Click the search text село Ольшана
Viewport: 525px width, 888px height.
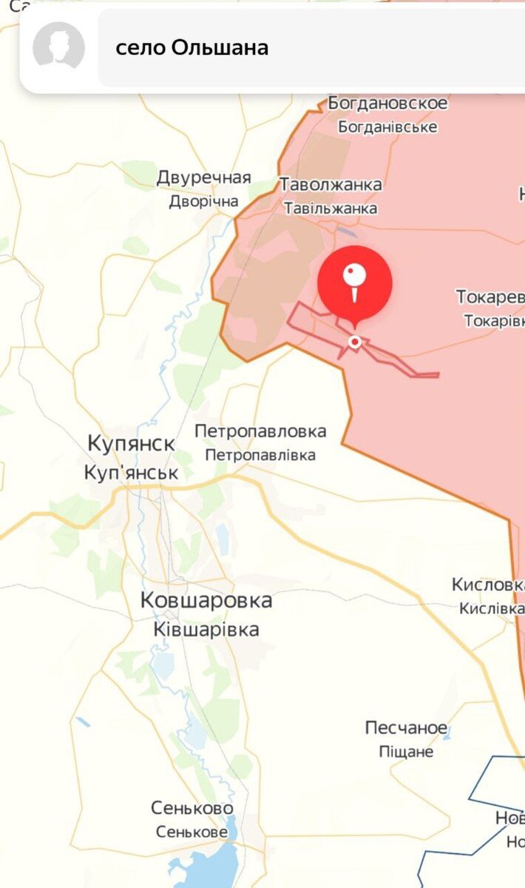(192, 48)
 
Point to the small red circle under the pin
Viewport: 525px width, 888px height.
(355, 341)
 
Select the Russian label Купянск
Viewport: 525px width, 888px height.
(132, 444)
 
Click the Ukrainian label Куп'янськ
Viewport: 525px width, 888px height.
(132, 472)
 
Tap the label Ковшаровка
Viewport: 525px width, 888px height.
(206, 601)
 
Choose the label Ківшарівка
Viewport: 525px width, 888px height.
(206, 629)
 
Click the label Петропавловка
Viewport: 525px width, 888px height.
(260, 431)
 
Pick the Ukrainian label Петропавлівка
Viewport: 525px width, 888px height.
(260, 455)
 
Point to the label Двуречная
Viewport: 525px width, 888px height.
(203, 178)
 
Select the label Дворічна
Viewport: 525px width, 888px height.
(203, 201)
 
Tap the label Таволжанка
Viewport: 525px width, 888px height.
(331, 185)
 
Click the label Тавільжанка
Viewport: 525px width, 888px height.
(331, 209)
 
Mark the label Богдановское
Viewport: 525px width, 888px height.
(388, 103)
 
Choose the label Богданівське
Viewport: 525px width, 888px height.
(388, 127)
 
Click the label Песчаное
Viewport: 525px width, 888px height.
(407, 728)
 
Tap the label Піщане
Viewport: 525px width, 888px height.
(407, 752)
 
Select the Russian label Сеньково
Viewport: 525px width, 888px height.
(192, 808)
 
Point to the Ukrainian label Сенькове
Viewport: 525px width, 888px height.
(192, 832)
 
